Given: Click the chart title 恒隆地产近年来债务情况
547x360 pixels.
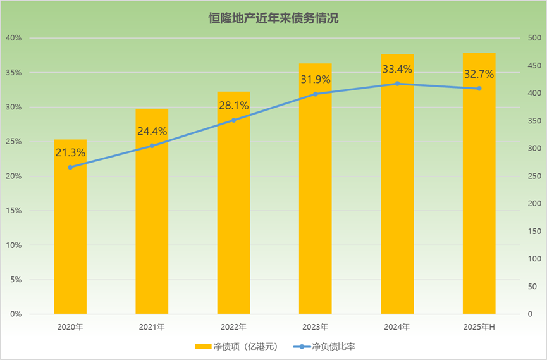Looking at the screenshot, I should pos(273,18).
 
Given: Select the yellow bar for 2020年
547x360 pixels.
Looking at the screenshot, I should pos(70,240).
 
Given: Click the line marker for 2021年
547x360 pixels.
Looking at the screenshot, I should pos(152,146).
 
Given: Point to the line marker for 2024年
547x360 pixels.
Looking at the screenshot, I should pos(397,84).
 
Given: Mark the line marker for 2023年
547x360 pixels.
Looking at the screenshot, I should pos(316,94).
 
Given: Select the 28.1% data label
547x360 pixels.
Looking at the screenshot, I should pos(233,105).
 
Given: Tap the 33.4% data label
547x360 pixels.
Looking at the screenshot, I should pos(397,68).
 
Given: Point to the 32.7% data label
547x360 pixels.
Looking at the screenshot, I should pos(479,74).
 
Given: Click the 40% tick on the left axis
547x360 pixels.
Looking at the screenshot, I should pos(13,38).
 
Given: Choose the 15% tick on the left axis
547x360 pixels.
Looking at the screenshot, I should pos(13,211).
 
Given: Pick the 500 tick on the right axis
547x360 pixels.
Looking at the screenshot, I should pos(534,38).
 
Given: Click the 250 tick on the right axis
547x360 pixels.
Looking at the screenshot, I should pos(534,176).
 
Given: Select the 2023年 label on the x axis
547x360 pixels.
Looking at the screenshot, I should pos(316,327).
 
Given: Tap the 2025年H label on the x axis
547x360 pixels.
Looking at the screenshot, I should pos(479,327).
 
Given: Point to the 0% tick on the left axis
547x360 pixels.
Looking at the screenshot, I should pos(15,314).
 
